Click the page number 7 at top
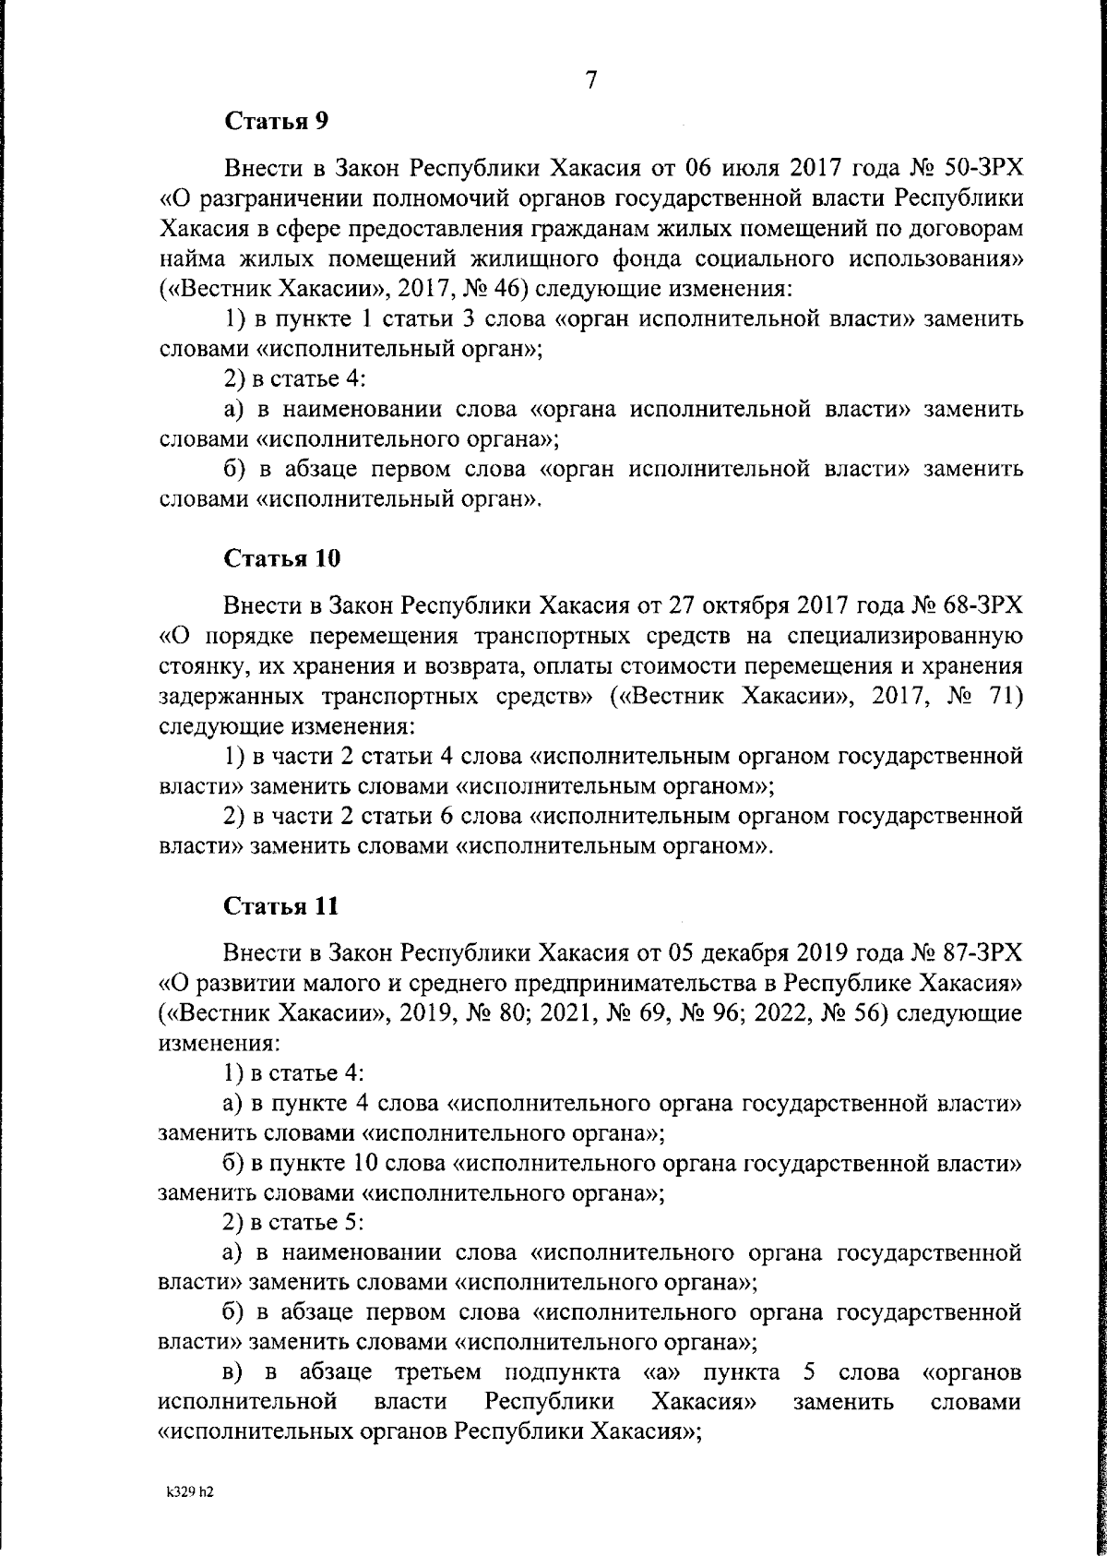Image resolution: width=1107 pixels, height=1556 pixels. tap(591, 80)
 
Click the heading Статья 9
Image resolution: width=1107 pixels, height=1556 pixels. tap(276, 120)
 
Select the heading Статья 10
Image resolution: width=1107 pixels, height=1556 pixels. tap(282, 558)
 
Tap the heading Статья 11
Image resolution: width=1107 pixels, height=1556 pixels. tap(281, 905)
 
